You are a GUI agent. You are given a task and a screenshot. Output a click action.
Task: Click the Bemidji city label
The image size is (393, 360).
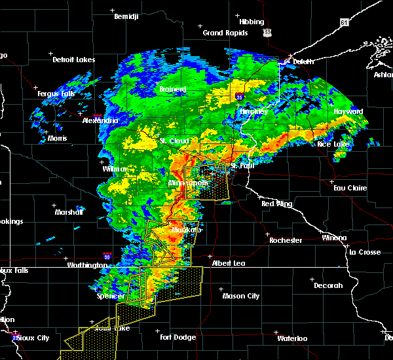127,16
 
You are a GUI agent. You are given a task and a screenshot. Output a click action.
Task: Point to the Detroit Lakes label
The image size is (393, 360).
73,60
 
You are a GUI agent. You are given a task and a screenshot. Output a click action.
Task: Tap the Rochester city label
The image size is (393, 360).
286,240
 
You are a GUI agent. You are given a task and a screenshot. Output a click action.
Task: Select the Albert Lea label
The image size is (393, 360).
229,263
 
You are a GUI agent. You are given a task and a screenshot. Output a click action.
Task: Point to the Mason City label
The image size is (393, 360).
240,296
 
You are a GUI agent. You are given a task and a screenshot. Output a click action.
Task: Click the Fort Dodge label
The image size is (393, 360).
178,337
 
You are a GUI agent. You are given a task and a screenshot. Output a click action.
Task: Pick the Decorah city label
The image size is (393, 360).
327,285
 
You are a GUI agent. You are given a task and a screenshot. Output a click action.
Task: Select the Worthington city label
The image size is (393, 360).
86,265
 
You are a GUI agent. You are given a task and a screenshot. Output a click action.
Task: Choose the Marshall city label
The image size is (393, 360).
69,212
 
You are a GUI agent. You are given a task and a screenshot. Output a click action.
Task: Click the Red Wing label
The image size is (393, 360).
276,204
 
